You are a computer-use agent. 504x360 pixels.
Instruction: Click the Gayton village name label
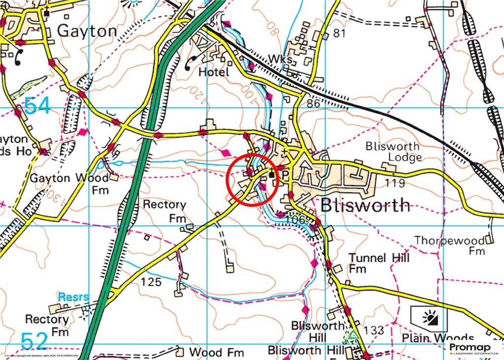click(x=87, y=31)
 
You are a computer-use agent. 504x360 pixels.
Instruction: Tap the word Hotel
click(x=214, y=72)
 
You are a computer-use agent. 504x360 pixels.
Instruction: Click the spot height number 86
click(x=313, y=104)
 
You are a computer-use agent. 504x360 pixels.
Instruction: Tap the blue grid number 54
click(x=37, y=106)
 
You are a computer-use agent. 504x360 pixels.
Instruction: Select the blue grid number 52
click(x=34, y=341)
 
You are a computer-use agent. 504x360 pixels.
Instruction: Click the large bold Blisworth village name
click(x=365, y=205)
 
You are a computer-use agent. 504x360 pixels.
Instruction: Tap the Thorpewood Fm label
click(x=449, y=245)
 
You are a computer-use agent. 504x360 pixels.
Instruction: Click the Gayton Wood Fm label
click(x=69, y=183)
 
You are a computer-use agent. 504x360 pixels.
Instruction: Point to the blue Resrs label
click(x=73, y=297)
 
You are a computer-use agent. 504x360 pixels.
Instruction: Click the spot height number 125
click(x=151, y=282)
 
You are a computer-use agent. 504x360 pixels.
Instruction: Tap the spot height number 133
click(x=374, y=329)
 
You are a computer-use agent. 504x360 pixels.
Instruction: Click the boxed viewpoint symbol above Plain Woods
click(x=429, y=318)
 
